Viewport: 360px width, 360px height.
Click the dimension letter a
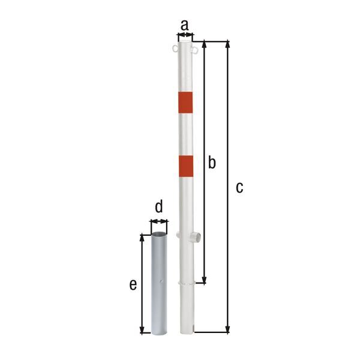tap(185, 25)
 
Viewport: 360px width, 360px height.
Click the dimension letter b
tap(212, 162)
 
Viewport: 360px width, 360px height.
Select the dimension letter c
tap(239, 188)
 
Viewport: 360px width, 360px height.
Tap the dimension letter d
tap(159, 206)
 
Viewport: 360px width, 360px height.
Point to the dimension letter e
tap(133, 285)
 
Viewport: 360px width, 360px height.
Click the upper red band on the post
tap(185, 103)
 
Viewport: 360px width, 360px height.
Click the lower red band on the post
tap(186, 166)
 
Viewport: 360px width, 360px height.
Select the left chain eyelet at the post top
tap(175, 49)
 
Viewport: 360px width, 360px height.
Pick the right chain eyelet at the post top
tap(194, 50)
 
